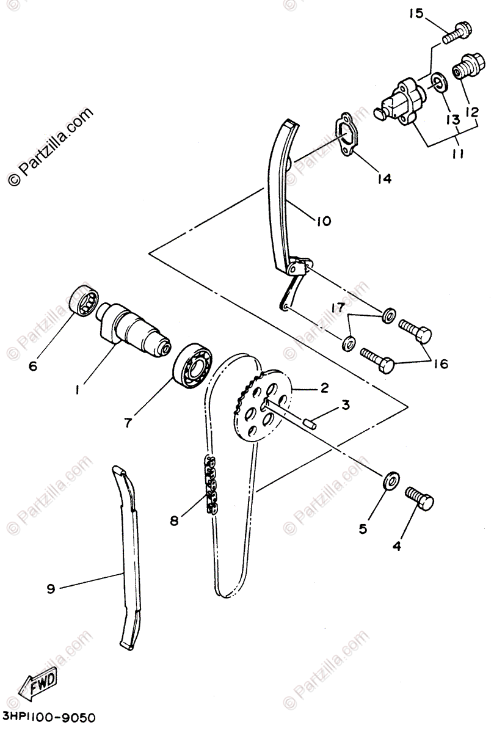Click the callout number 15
415,13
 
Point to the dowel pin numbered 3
310,420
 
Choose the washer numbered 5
390,480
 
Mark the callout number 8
175,521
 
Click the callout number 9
51,589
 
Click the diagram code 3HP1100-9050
49,716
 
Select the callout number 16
440,364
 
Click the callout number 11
457,154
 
